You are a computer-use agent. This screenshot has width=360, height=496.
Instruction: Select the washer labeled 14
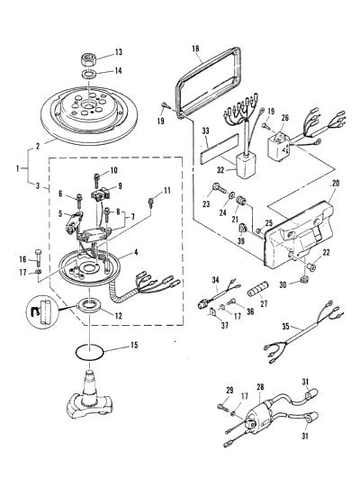click(88, 75)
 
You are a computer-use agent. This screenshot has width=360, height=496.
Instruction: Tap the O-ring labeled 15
click(89, 351)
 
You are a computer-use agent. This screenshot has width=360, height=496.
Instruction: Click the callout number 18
click(195, 49)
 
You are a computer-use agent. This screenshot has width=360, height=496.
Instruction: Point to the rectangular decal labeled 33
click(219, 149)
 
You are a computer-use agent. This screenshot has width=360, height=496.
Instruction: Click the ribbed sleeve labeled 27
click(258, 288)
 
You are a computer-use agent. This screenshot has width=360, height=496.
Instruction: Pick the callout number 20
click(335, 183)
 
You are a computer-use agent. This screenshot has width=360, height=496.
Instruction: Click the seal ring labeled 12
click(90, 305)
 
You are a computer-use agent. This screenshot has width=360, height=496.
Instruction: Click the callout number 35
click(285, 326)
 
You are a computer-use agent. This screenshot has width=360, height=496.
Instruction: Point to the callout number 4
click(136, 252)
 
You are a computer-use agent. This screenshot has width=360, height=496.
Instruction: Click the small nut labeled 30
click(304, 279)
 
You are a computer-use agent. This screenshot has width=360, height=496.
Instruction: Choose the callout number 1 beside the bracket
click(18, 168)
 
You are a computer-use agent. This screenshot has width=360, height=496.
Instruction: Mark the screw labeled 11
click(151, 203)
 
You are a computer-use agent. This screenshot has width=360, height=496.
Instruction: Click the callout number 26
click(285, 118)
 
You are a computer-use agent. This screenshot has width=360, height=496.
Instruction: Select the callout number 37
click(224, 325)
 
